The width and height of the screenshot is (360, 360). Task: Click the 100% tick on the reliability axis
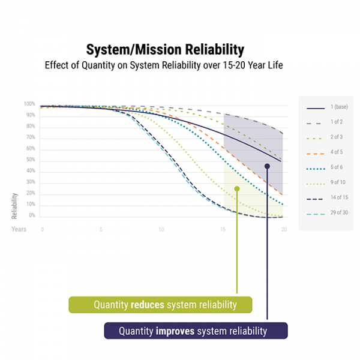pyautogui.click(x=29, y=104)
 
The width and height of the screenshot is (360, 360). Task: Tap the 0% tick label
pyautogui.click(x=32, y=215)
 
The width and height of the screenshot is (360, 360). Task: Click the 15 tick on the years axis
pyautogui.click(x=223, y=229)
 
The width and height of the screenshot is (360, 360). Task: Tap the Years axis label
pyautogui.click(x=19, y=229)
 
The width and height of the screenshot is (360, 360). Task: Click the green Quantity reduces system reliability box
pyautogui.click(x=160, y=305)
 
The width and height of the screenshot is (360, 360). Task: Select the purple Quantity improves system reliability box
pyautogui.click(x=196, y=331)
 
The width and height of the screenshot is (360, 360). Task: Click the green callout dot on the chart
pyautogui.click(x=237, y=188)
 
